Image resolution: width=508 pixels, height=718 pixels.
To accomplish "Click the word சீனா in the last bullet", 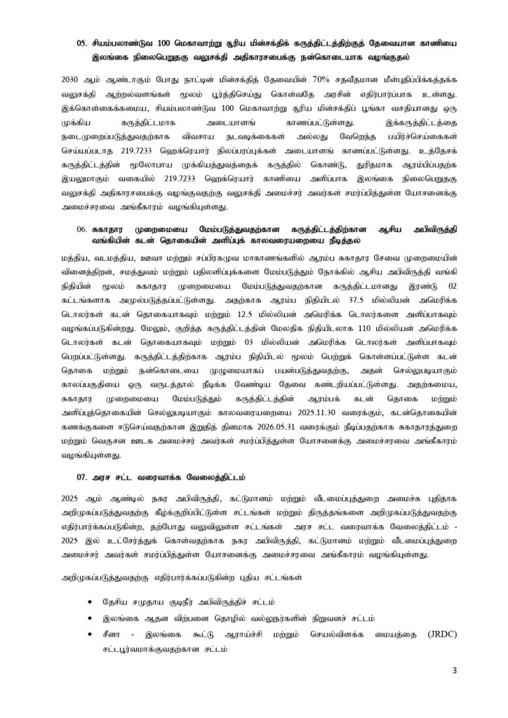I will pyautogui.click(x=115, y=634).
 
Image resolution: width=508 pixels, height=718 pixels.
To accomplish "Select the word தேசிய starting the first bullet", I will pyautogui.click(x=117, y=602).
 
